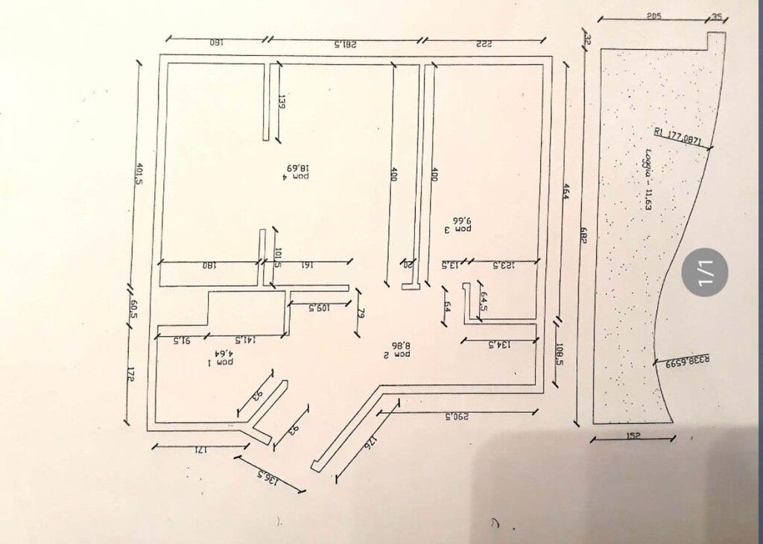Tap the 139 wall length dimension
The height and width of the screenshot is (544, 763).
282,102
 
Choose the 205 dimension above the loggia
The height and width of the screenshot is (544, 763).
654,16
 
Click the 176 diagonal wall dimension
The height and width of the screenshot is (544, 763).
367,444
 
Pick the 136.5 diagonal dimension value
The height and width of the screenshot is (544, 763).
267,478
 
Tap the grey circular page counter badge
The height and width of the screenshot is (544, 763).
704,272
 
